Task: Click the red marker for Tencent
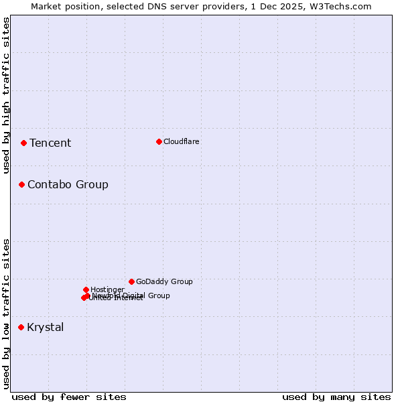point(23,143)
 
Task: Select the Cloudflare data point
point(159,141)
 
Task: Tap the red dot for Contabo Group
point(21,184)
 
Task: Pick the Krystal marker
point(21,327)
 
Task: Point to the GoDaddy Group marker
point(131,281)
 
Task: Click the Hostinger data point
point(86,289)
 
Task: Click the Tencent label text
point(50,143)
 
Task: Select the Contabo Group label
point(68,184)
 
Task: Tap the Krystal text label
point(46,327)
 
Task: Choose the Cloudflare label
point(182,141)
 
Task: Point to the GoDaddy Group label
point(164,281)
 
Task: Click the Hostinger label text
point(107,289)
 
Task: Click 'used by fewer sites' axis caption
point(69,397)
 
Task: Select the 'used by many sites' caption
point(336,397)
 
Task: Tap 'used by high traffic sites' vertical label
point(6,95)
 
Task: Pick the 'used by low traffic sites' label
point(6,314)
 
